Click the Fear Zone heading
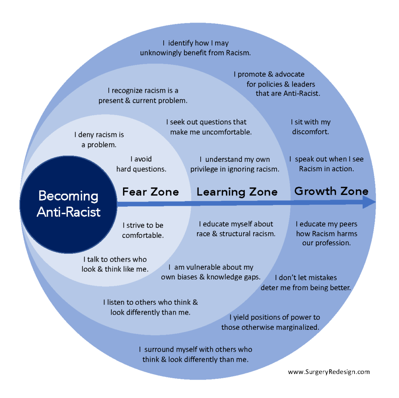[151, 192]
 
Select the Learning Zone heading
[237, 192]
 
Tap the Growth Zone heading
[331, 191]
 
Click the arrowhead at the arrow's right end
[369, 202]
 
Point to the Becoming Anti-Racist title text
[69, 204]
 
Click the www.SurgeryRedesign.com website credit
[329, 372]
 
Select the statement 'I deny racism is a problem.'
[99, 140]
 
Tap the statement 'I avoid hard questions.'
[141, 164]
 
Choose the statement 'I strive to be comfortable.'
[143, 230]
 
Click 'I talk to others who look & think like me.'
[115, 264]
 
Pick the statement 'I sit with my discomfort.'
[311, 127]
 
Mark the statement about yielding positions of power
[270, 322]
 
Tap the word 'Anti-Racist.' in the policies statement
[302, 94]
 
